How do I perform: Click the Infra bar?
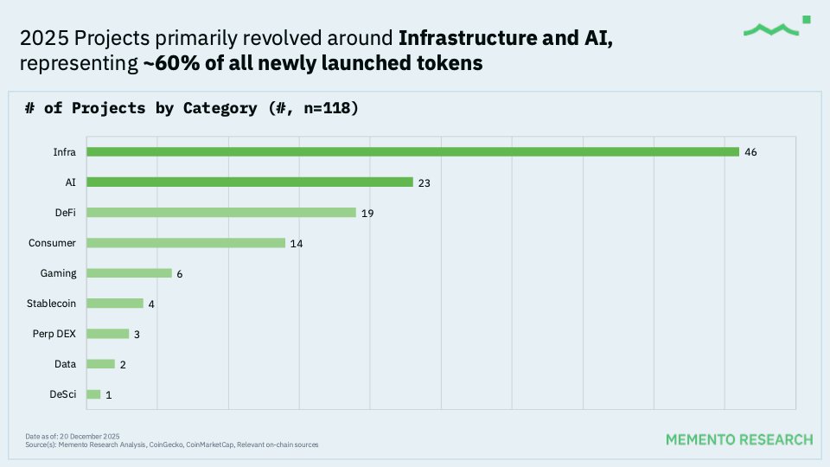tap(413, 152)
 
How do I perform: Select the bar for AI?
tap(250, 182)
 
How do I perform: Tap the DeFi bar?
tap(221, 213)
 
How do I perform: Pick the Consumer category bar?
tap(186, 243)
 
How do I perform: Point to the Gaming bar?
tap(130, 273)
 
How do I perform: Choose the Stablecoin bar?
tap(115, 304)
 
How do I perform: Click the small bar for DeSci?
tap(93, 394)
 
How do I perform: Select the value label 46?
tap(751, 152)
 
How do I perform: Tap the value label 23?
tap(425, 183)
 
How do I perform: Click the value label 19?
tap(367, 214)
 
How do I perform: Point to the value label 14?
tap(297, 244)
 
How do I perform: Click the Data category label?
tap(66, 364)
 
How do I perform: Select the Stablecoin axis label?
tap(52, 304)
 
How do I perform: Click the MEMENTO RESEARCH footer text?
tap(739, 439)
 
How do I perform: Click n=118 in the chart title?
tap(319, 108)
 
